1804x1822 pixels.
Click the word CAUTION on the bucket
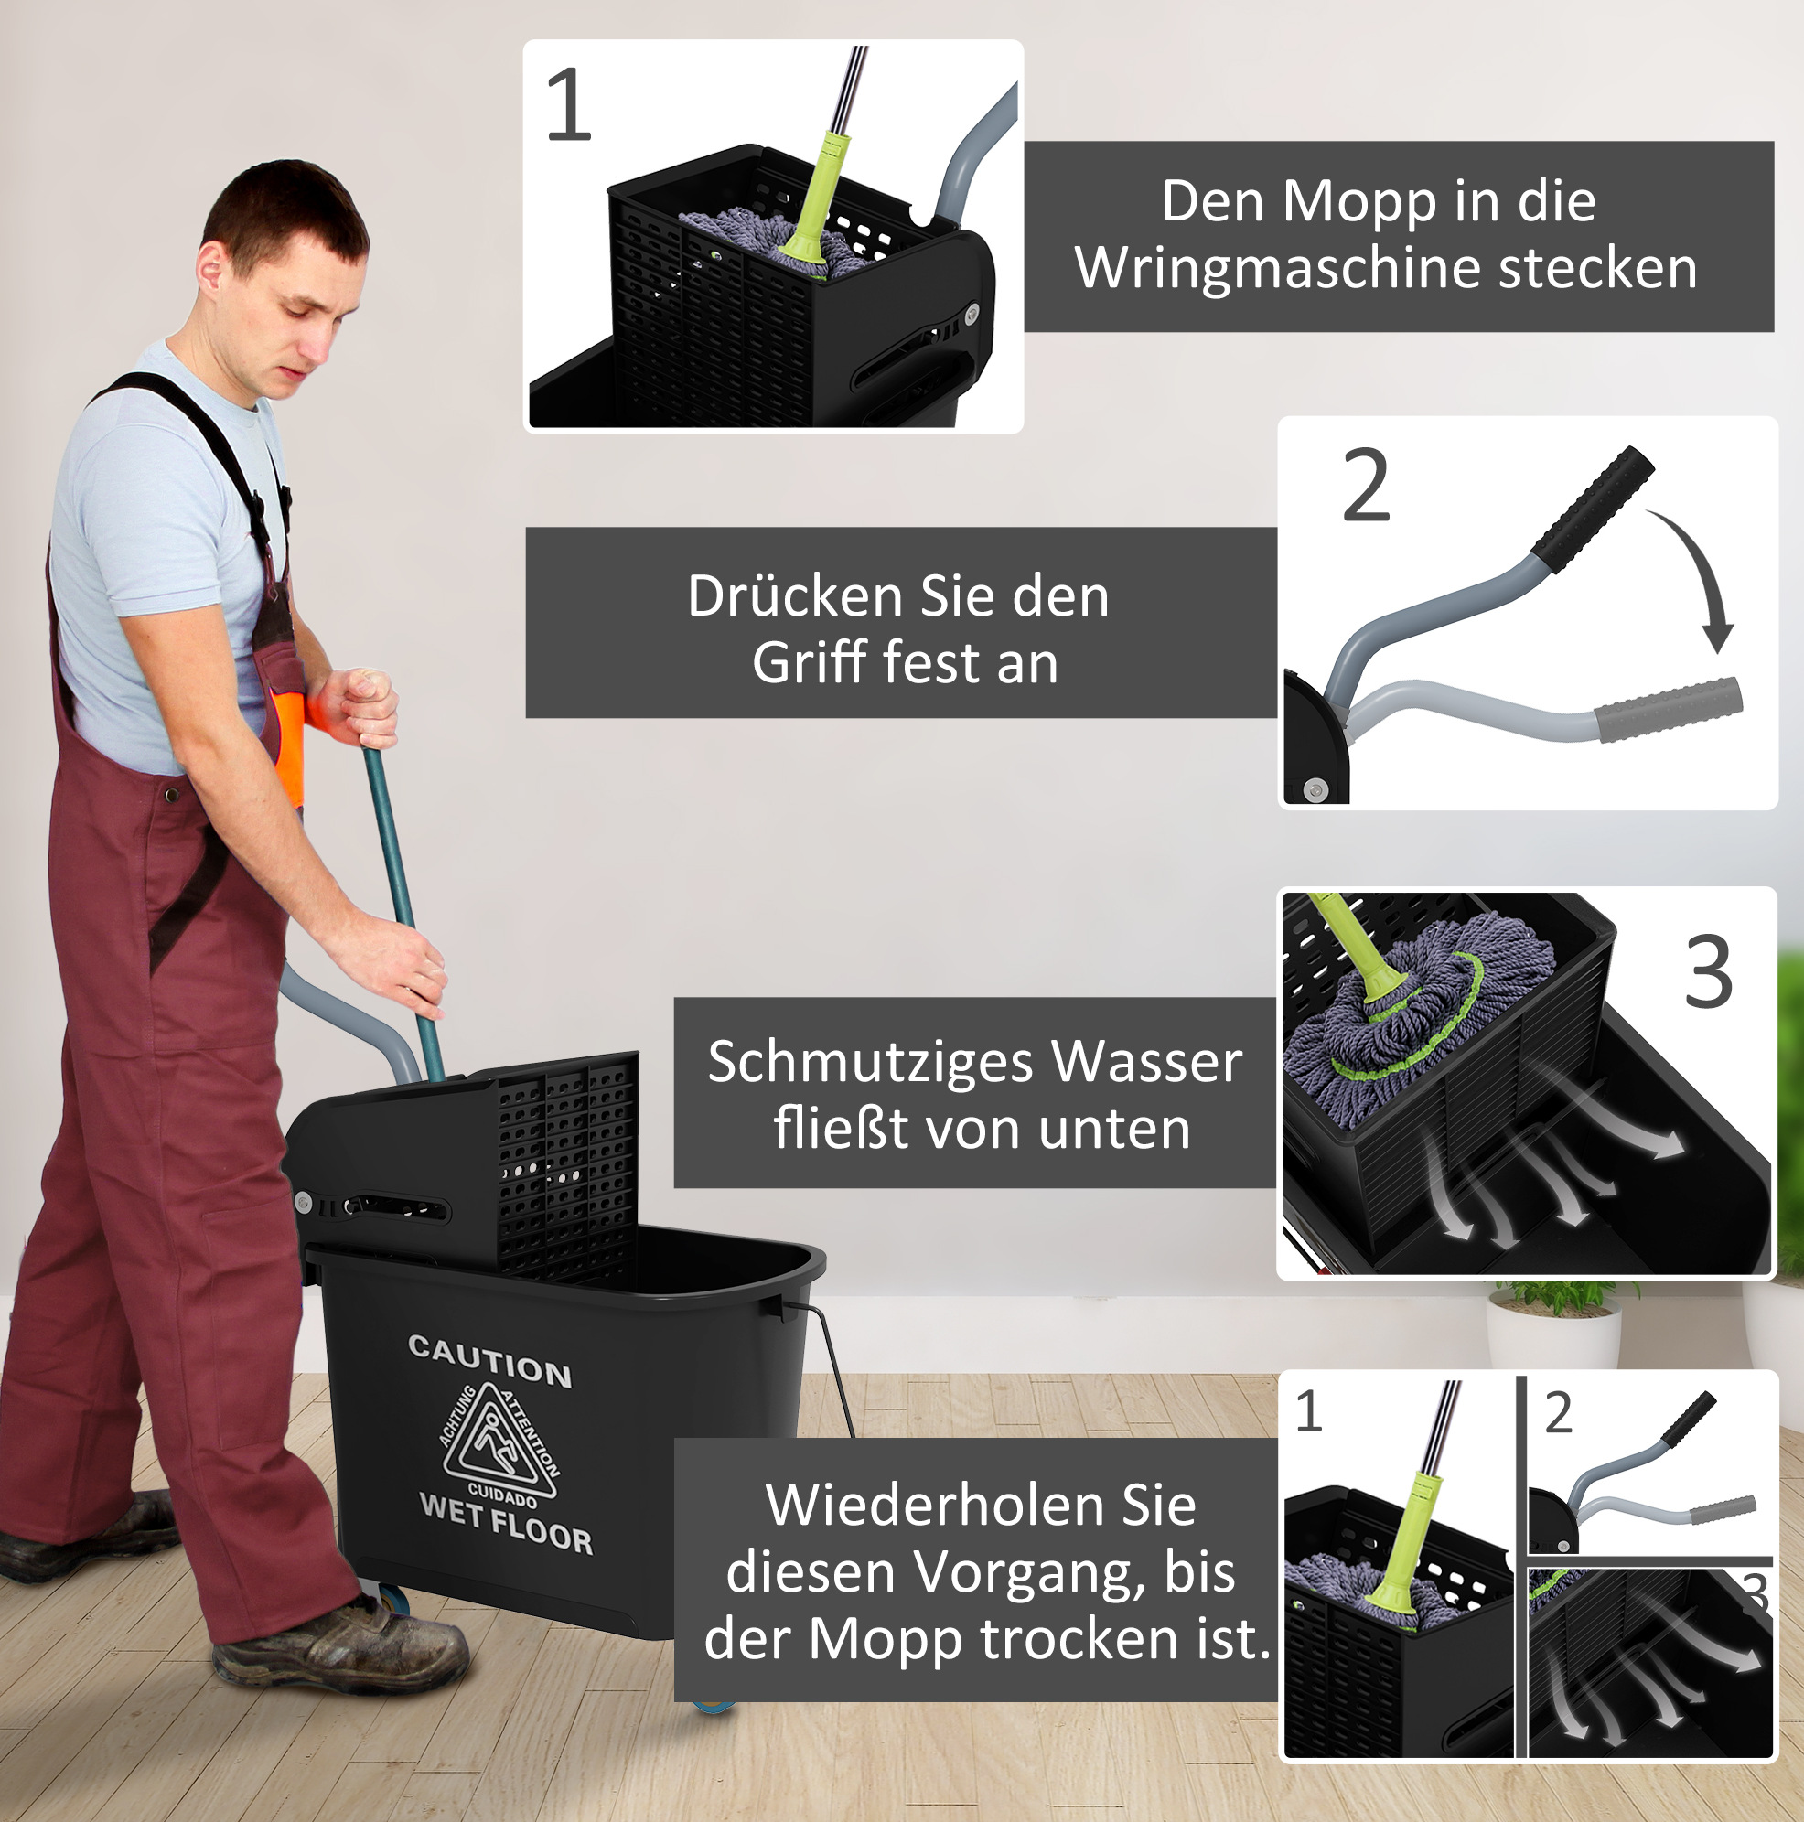click(x=489, y=1360)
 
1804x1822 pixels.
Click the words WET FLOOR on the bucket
click(x=507, y=1525)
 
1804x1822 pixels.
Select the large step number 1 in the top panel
click(x=569, y=103)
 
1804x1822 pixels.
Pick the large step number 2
click(x=1367, y=485)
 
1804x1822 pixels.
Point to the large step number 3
click(x=1709, y=971)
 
